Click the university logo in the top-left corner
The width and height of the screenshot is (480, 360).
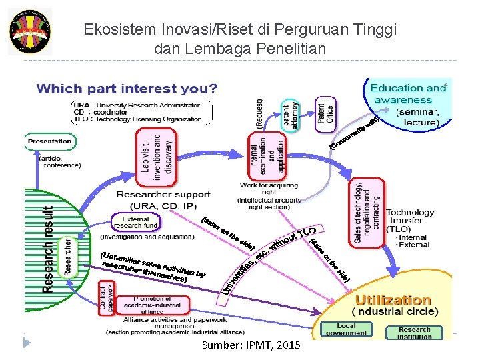point(29,31)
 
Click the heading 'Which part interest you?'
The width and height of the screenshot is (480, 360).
point(127,89)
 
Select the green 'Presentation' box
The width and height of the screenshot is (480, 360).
point(49,141)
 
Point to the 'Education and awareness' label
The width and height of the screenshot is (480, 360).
point(407,94)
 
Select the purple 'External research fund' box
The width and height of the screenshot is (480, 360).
point(136,222)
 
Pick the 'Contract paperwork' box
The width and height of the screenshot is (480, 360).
point(107,297)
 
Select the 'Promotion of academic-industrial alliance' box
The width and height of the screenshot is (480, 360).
point(153,304)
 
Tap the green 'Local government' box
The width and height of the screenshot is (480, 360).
point(346,329)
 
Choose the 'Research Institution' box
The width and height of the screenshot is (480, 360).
point(415,332)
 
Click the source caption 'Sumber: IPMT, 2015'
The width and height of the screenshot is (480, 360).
point(251,345)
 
